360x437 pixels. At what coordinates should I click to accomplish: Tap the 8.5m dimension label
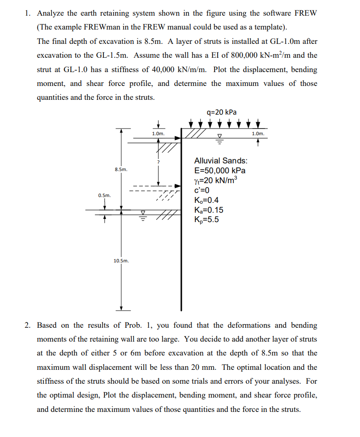[121, 170]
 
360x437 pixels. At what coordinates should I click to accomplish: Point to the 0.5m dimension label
[105, 195]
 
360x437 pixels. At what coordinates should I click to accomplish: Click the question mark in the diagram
[158, 162]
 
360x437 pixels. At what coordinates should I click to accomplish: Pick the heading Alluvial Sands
[221, 161]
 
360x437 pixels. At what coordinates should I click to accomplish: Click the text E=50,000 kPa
[219, 171]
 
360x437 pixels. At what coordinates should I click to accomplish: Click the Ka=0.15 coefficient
[209, 210]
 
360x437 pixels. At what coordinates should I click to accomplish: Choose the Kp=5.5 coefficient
[207, 220]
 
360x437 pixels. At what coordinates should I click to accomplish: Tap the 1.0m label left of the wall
[158, 133]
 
